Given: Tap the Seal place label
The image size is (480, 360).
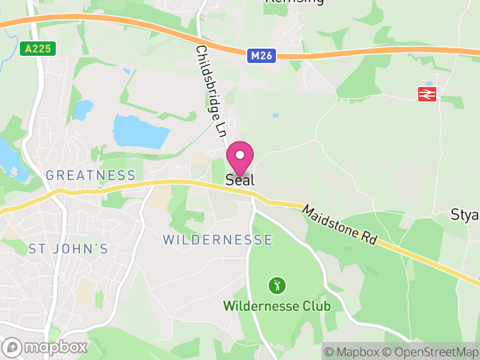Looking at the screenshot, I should [240, 179].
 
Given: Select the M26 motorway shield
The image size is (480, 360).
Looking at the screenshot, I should [262, 56].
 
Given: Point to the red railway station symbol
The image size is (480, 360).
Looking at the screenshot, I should [427, 94].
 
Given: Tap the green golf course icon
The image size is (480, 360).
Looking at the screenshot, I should [277, 285].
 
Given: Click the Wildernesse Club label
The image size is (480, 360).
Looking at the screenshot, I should [277, 306].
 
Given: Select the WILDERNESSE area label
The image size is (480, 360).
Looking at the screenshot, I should [218, 240].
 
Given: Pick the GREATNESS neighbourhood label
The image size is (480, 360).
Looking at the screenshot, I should [91, 175].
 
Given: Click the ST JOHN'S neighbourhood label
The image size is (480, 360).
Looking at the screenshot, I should [68, 248].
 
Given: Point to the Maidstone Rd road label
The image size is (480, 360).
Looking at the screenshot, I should [340, 225].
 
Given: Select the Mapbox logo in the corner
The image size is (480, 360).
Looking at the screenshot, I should [46, 347].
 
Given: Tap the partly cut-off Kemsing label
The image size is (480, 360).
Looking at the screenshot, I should [294, 2].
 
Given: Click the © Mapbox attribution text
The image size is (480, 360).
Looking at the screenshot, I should [352, 352].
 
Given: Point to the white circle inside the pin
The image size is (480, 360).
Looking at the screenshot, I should [240, 155].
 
